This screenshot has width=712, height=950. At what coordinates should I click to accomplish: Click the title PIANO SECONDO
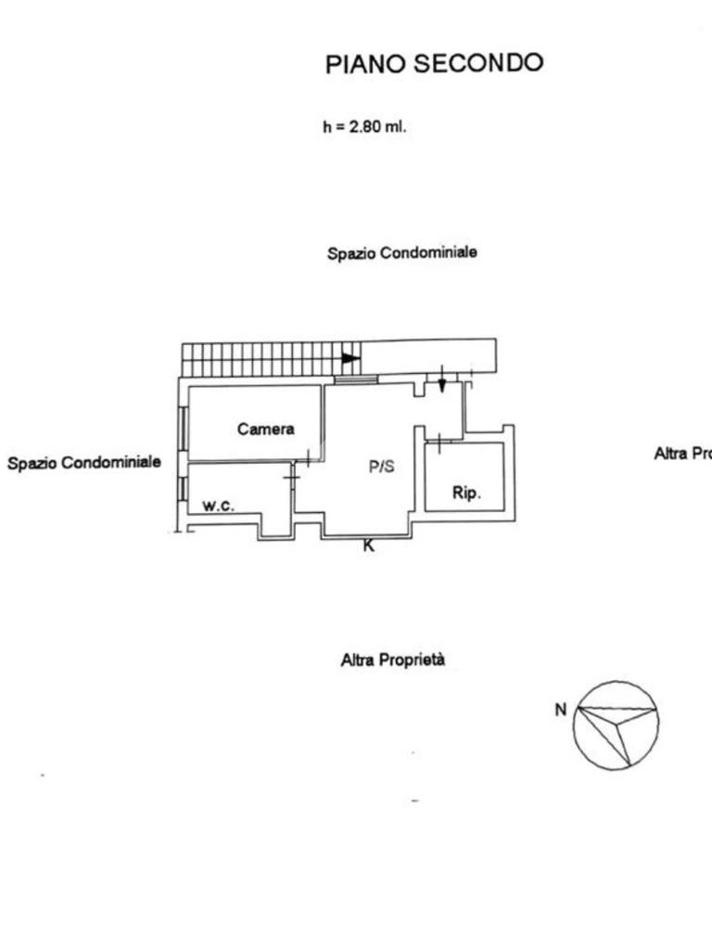coord(434,63)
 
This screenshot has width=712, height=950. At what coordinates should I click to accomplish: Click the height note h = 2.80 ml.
coord(364,128)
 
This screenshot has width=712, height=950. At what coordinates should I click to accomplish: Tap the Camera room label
coord(265,429)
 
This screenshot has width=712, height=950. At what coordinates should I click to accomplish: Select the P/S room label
coord(381,467)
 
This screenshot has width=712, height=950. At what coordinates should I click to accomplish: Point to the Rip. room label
coord(466,493)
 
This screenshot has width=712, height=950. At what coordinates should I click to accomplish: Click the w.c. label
coord(219,506)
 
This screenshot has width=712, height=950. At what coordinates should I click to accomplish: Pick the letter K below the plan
coord(368,546)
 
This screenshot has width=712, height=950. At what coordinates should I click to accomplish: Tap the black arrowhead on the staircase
coord(350,358)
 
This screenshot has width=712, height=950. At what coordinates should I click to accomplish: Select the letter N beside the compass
coord(560,710)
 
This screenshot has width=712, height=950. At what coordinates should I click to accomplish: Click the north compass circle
coord(616,725)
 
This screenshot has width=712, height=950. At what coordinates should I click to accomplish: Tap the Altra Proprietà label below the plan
coord(393,661)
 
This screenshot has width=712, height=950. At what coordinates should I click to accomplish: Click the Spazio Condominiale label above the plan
coord(402,252)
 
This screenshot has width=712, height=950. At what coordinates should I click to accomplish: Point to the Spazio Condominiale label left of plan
coord(83,461)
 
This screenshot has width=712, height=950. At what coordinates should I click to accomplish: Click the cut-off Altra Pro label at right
coord(682,453)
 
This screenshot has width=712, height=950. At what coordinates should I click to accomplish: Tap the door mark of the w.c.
coord(291,478)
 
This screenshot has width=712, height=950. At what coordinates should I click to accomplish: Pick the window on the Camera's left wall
coord(184,427)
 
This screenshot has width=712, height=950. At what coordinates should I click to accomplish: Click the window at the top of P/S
coord(356,379)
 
